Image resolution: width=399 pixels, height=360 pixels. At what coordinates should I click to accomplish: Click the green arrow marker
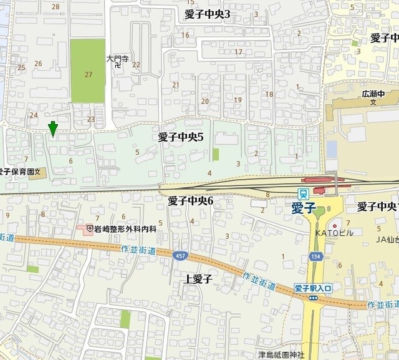click(53, 129)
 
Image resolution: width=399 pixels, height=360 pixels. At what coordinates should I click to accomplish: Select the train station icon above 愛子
click(304, 193)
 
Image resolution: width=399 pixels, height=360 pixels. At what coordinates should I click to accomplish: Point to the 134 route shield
click(314, 256)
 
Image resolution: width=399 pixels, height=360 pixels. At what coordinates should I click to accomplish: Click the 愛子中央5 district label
click(181, 137)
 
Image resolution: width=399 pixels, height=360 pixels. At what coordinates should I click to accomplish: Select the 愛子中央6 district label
click(191, 200)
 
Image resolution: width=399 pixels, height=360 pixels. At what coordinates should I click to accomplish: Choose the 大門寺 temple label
click(117, 59)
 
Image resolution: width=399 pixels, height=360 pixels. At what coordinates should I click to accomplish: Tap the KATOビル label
click(334, 233)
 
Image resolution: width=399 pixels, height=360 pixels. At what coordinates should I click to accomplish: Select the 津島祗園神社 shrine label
click(282, 355)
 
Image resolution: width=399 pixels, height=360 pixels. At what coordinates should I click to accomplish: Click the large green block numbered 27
click(87, 71)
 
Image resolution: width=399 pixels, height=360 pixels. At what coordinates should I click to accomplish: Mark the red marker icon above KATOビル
click(335, 225)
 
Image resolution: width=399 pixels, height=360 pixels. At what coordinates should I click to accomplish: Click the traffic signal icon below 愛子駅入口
click(313, 298)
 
